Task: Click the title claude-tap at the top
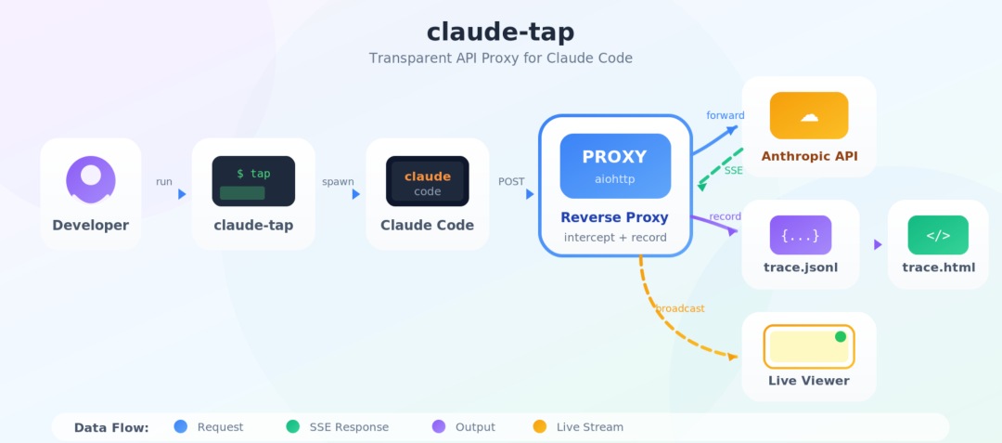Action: [x=500, y=33]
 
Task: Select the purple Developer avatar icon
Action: [x=91, y=180]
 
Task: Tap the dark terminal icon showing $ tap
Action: [x=253, y=181]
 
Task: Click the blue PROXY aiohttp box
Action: [x=615, y=166]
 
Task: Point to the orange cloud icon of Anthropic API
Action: [x=809, y=116]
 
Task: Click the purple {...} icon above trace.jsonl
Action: [x=801, y=235]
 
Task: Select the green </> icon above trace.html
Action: [x=938, y=235]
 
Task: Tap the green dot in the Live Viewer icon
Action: [x=841, y=336]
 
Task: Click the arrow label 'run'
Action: [x=164, y=182]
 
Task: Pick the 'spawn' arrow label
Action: [x=338, y=182]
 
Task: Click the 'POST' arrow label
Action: [x=511, y=182]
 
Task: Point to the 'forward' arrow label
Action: [x=726, y=116]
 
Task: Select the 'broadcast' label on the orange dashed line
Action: [x=680, y=308]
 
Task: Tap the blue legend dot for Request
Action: [x=181, y=426]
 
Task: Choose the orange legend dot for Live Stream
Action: [x=540, y=426]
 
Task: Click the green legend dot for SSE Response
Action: [x=292, y=426]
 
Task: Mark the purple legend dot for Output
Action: [x=439, y=426]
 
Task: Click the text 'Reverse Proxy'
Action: [x=615, y=218]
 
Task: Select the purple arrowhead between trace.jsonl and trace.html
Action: [x=878, y=244]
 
